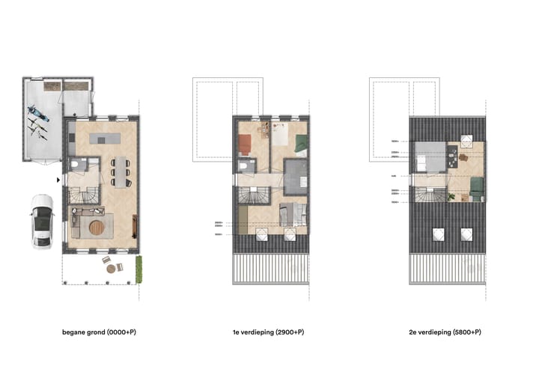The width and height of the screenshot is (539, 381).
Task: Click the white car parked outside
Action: pyautogui.click(x=41, y=222)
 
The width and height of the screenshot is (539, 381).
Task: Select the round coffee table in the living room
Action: pyautogui.click(x=97, y=225)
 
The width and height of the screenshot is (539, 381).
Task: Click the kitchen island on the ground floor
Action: pyautogui.click(x=105, y=138)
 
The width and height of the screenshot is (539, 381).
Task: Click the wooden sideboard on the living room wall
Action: pyautogui.click(x=135, y=225)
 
